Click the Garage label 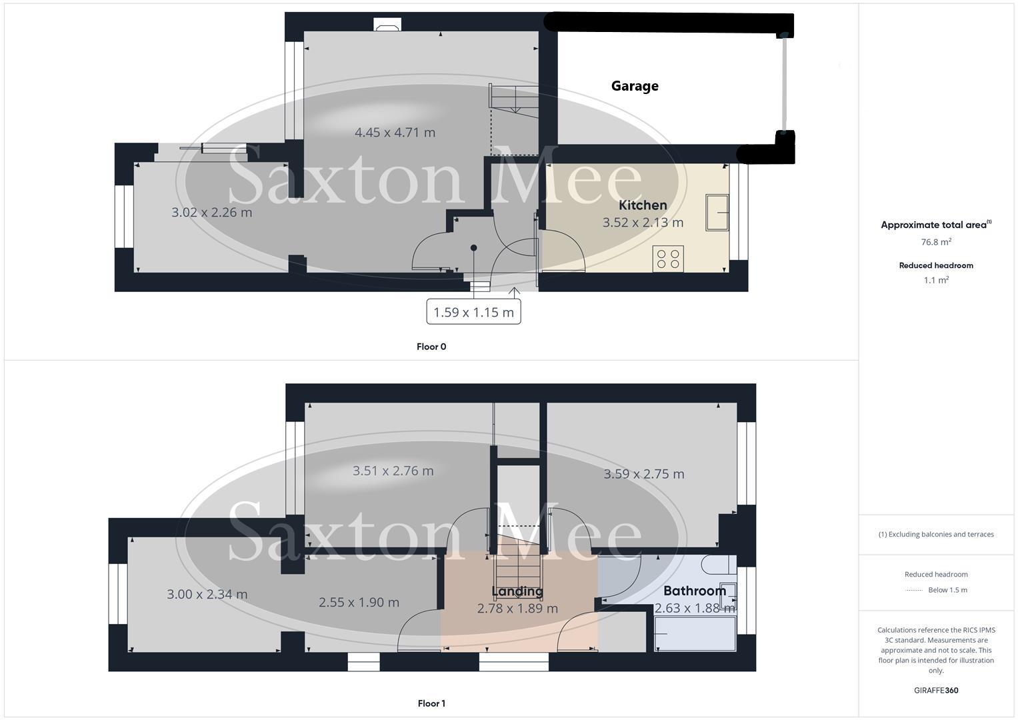(635, 86)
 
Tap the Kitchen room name (643, 205)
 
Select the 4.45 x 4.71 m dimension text (395, 133)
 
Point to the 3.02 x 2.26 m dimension (212, 213)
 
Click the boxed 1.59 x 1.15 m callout (473, 312)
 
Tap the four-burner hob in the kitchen (668, 259)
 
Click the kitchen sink (717, 213)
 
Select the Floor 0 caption (431, 347)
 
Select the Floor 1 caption (431, 703)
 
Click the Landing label (517, 591)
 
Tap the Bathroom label (695, 591)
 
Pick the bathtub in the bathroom (695, 633)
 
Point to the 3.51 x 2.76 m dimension (393, 471)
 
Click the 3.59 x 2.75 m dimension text (643, 474)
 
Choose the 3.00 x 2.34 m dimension (207, 594)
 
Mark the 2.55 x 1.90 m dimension (359, 603)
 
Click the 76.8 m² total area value (936, 242)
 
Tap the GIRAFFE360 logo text (936, 690)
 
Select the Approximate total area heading (935, 225)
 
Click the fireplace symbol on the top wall (387, 26)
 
